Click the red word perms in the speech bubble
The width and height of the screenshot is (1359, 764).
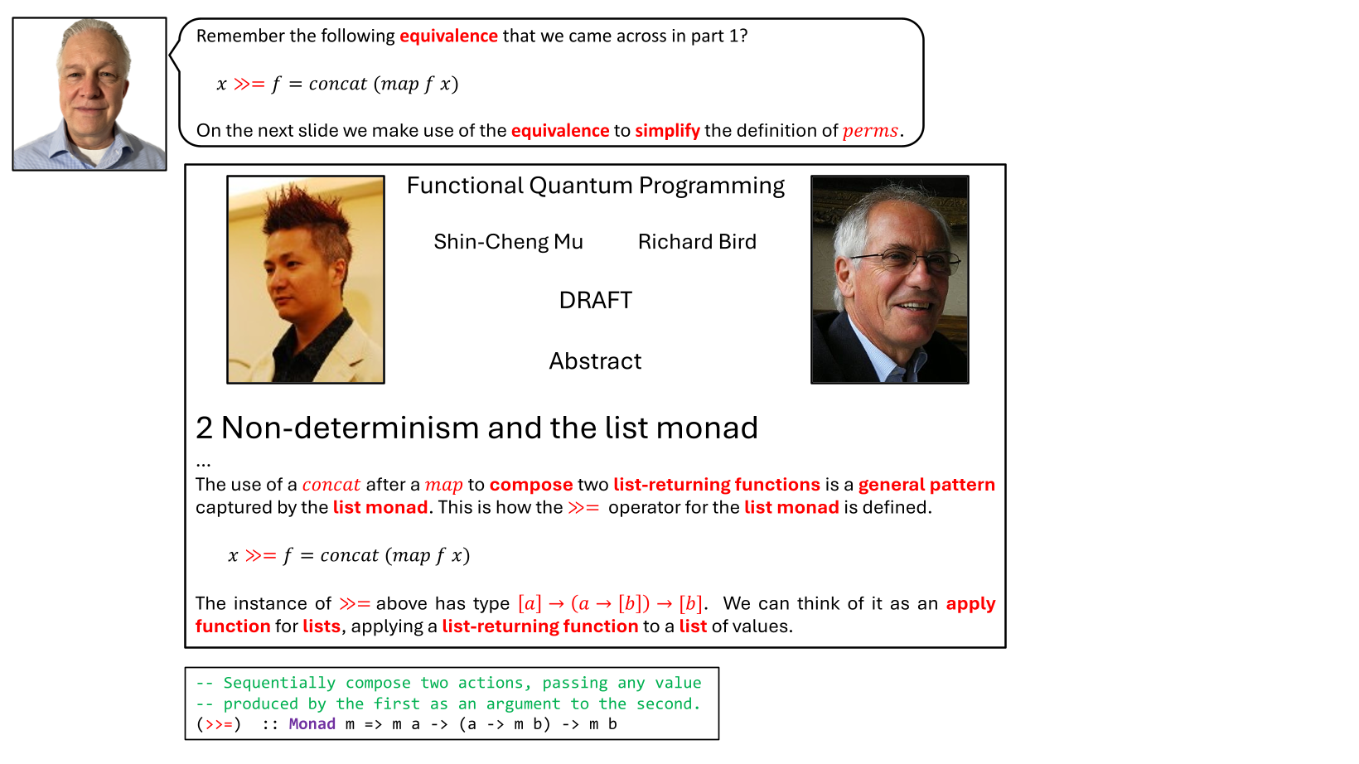870,131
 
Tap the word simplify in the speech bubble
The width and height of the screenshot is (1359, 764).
667,131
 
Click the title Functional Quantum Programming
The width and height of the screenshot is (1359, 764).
595,186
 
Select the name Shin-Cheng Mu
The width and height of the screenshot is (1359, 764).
508,242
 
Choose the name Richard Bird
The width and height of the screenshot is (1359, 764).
697,242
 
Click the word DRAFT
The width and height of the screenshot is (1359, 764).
595,300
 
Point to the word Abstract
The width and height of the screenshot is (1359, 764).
595,361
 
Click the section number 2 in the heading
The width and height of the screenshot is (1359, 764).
205,428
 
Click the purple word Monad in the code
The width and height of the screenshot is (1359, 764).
312,724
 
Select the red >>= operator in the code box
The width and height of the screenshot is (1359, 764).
220,724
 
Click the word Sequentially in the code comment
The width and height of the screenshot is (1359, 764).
279,683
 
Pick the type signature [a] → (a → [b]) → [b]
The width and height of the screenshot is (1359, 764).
610,603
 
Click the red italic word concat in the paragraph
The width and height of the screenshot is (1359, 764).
331,485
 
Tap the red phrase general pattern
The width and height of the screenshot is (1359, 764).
926,485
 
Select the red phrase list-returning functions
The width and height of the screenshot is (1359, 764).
716,485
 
